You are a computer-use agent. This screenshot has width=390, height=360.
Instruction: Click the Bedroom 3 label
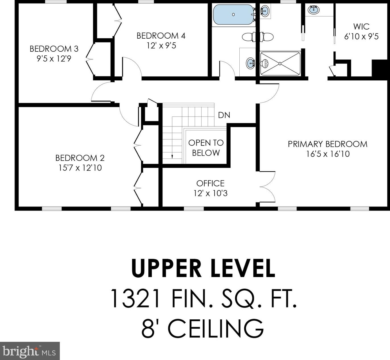coord(54,49)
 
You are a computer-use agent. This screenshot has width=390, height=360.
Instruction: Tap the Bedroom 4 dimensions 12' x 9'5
coord(161,46)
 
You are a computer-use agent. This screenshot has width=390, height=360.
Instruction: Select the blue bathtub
coord(233,14)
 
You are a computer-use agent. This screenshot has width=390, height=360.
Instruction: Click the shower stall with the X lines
coord(280,63)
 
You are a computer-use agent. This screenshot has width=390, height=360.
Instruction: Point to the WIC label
coord(361,26)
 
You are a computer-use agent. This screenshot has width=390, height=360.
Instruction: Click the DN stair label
coord(224,115)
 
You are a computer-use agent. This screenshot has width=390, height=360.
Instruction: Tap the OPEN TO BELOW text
coord(206,148)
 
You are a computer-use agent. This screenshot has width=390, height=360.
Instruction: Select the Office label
coord(210,184)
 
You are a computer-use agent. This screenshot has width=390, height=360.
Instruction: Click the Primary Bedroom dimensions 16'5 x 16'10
coord(328,154)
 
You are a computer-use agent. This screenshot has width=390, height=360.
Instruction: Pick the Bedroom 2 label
coord(80,158)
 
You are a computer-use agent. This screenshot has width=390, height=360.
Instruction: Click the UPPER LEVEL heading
coord(203,268)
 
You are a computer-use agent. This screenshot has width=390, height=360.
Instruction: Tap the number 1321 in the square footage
coord(135,298)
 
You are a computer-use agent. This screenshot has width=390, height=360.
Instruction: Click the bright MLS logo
coord(30,351)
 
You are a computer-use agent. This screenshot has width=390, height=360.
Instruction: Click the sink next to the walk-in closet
coord(314,10)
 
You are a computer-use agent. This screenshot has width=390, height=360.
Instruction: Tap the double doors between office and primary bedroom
coord(267,186)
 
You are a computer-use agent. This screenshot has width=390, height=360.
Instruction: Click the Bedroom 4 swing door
coord(132,67)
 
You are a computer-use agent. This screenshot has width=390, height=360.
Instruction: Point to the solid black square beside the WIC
coord(381,69)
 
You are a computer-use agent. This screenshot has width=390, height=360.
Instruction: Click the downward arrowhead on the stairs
coord(172,157)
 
